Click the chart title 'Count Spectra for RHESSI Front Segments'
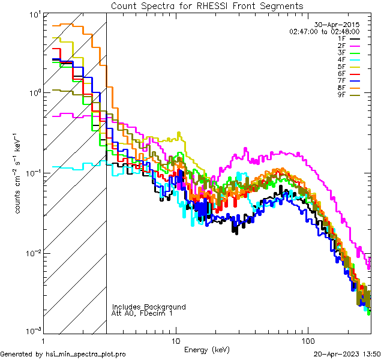[x=207, y=5]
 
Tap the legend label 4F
[x=341, y=59]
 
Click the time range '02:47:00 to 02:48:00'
[x=324, y=31]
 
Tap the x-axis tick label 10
[x=176, y=340]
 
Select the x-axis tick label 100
[x=308, y=340]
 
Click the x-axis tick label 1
[x=43, y=340]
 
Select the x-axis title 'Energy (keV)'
[x=207, y=350]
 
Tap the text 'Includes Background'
[x=149, y=307]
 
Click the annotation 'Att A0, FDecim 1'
[x=142, y=313]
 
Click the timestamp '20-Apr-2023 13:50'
[x=347, y=354]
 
